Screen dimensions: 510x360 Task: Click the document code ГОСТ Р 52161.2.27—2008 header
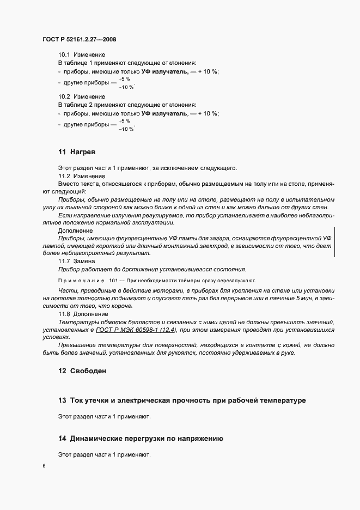(79, 39)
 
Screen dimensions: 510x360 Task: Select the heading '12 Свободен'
(83, 372)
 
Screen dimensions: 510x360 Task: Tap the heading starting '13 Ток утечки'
(182, 400)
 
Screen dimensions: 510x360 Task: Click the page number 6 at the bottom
(44, 467)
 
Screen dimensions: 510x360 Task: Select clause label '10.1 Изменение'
(81, 55)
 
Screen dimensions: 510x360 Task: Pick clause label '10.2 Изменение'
(81, 97)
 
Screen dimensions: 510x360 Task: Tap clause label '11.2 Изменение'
(81, 177)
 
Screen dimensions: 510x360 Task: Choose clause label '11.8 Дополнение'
(83, 314)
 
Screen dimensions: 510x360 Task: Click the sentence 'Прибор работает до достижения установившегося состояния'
(152, 269)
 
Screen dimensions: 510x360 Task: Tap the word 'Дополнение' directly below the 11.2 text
(75, 230)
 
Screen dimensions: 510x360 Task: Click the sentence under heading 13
(103, 417)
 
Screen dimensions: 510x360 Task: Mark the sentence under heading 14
(103, 454)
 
